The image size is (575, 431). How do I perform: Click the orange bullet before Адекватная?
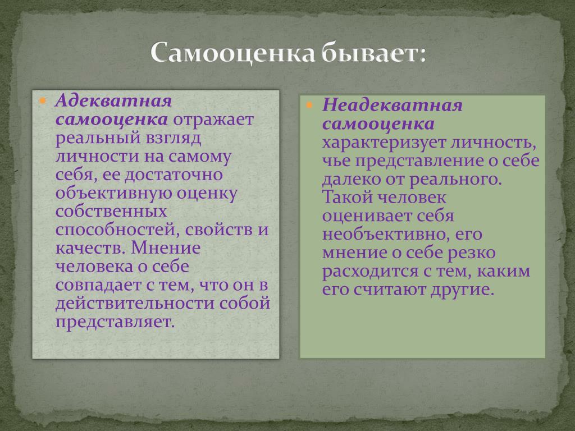click(x=43, y=100)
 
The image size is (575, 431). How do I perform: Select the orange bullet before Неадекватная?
click(x=310, y=105)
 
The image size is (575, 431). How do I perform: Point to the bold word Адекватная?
click(x=113, y=100)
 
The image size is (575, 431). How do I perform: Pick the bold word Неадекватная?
click(x=393, y=105)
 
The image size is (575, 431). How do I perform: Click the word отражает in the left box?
click(x=213, y=120)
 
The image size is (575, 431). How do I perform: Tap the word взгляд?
click(x=174, y=138)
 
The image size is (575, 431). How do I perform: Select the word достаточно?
click(x=174, y=175)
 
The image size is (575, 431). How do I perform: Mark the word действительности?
click(x=135, y=304)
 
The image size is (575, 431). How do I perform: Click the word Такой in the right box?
click(x=347, y=198)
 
